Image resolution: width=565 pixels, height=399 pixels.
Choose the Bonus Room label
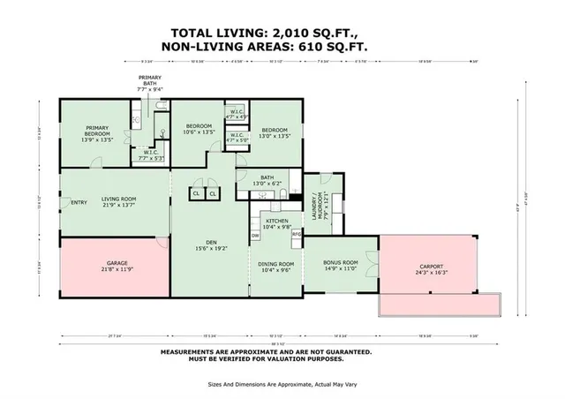(x=341, y=266)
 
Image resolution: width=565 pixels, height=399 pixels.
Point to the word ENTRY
(x=79, y=203)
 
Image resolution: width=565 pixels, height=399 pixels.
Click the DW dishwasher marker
(x=255, y=236)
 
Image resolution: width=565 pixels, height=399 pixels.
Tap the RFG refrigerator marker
(x=297, y=233)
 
